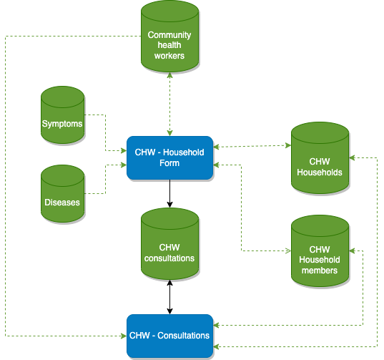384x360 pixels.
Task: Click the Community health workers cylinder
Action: click(169, 37)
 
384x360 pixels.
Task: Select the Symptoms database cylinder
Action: click(63, 115)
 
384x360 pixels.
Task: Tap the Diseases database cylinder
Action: click(63, 194)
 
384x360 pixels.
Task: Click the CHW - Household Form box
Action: click(169, 157)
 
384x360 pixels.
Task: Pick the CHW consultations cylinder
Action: click(169, 244)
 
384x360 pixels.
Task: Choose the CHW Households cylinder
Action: click(320, 158)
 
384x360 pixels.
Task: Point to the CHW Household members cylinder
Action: click(320, 251)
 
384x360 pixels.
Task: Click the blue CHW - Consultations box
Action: click(169, 336)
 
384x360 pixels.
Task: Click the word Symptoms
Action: click(62, 124)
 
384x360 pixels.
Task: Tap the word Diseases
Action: click(62, 203)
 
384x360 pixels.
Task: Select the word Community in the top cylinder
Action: click(169, 35)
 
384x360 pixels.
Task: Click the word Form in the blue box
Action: click(169, 163)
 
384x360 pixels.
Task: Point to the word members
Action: click(320, 271)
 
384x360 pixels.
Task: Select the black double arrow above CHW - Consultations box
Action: click(169, 297)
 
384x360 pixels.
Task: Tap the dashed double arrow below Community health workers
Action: click(169, 104)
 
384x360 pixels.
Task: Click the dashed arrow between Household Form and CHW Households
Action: click(252, 146)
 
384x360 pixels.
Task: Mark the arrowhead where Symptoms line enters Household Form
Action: click(124, 150)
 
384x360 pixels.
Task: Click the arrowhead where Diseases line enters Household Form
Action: click(124, 165)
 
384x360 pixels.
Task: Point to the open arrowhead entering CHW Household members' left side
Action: click(288, 250)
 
